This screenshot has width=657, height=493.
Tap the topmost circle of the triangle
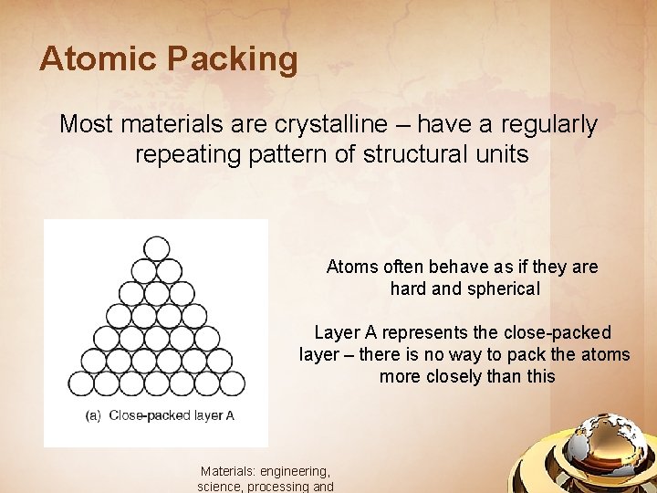pyautogui.click(x=157, y=248)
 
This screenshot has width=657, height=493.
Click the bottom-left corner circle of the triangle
pyautogui.click(x=82, y=383)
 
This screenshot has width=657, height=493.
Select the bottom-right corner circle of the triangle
pyautogui.click(x=233, y=383)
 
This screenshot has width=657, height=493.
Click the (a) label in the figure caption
pyautogui.click(x=93, y=415)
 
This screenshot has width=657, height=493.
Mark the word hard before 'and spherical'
pyautogui.click(x=407, y=289)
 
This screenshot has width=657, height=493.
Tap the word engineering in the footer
pyautogui.click(x=294, y=472)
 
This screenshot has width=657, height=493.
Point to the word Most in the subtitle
pyautogui.click(x=82, y=125)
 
